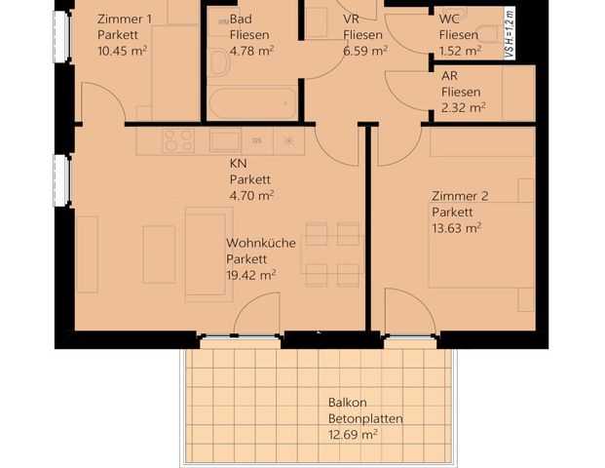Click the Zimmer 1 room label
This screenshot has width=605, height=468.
tap(126, 19)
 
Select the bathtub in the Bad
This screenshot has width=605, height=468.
tap(252, 101)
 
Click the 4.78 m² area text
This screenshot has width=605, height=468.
tap(252, 50)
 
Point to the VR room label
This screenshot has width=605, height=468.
tap(353, 19)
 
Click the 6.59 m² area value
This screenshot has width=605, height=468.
tap(364, 50)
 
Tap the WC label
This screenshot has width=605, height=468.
tap(450, 19)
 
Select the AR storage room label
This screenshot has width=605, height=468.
tap(450, 76)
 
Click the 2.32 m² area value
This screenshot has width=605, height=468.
tap(463, 107)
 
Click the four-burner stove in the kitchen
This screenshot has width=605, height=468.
tap(178, 140)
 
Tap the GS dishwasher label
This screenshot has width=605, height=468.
tap(257, 140)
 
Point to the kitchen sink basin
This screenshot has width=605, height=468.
tap(224, 140)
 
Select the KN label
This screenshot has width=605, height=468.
tap(238, 164)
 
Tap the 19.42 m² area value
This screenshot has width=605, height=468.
tap(250, 275)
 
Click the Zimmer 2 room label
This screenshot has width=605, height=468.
tap(461, 196)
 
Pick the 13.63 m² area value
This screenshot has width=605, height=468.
tap(457, 228)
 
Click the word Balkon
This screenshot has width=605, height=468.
tap(348, 404)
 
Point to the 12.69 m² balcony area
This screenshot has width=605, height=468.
tap(353, 436)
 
